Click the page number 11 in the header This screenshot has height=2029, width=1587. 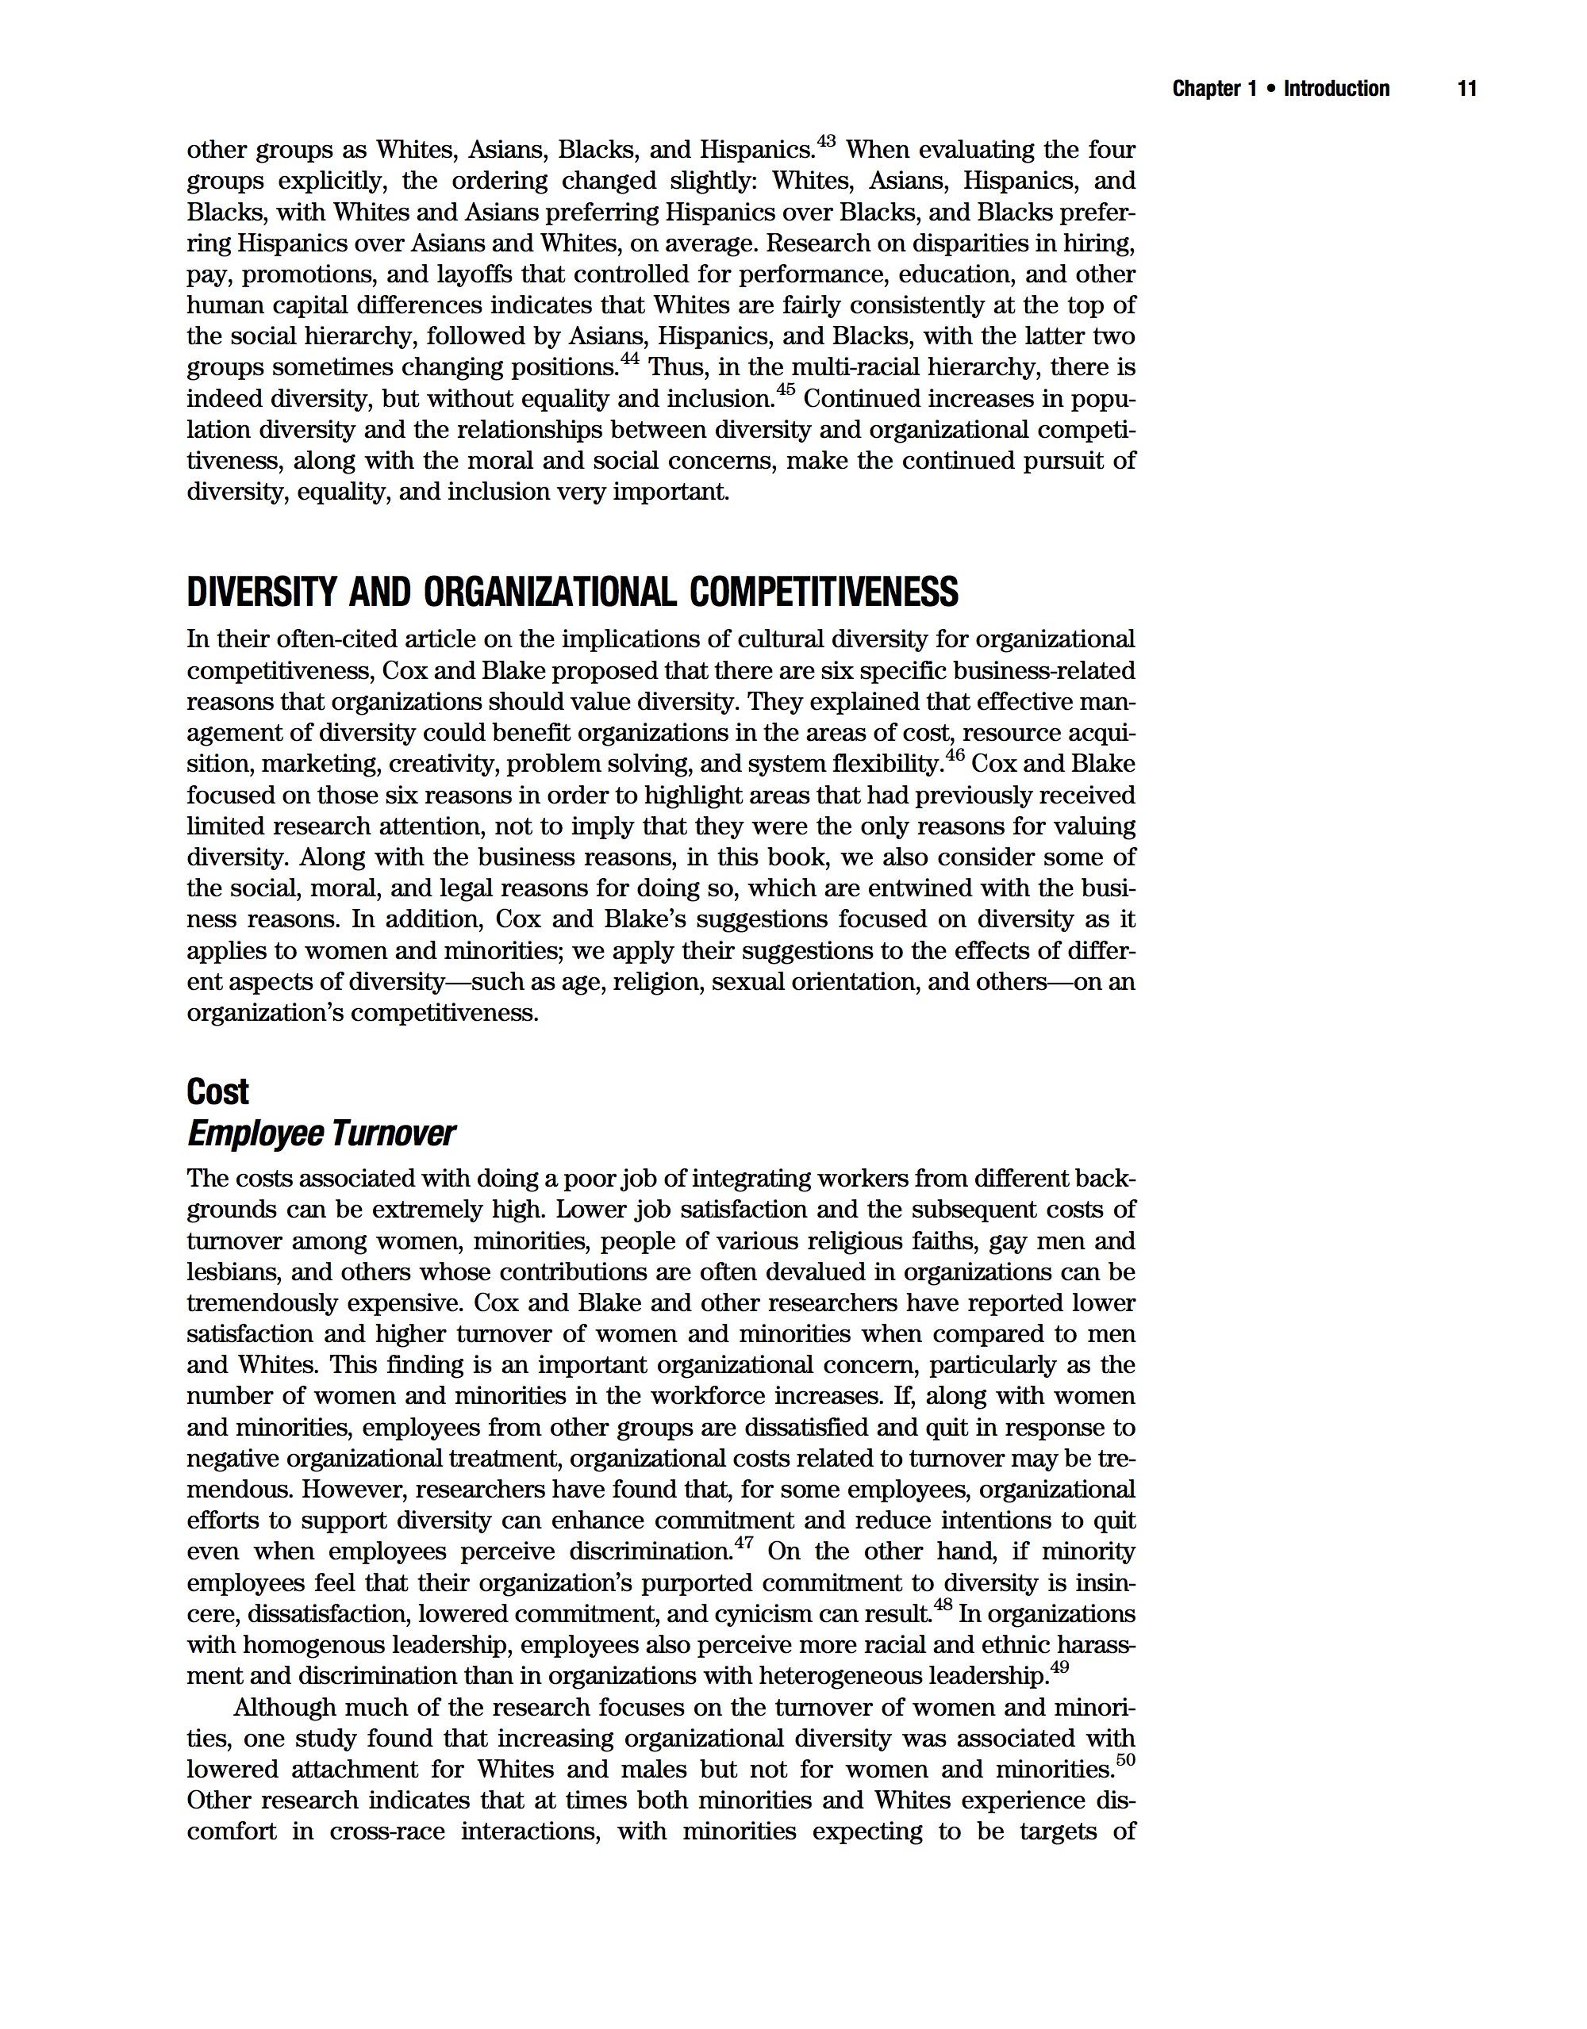pyautogui.click(x=1467, y=89)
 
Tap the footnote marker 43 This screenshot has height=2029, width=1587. pyautogui.click(x=826, y=141)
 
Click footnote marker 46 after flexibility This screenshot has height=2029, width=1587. pyautogui.click(x=955, y=755)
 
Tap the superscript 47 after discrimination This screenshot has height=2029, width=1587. pyautogui.click(x=744, y=1543)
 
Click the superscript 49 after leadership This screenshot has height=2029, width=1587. pyautogui.click(x=1059, y=1667)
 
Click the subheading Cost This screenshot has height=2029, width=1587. pyautogui.click(x=217, y=1091)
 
